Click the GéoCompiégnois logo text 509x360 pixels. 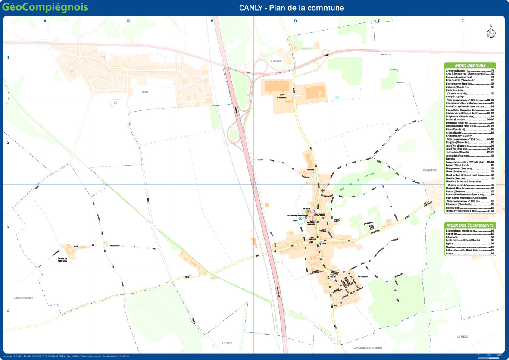pyautogui.click(x=45, y=7)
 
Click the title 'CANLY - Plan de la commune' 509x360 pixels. pyautogui.click(x=291, y=8)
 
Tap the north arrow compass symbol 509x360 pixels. pyautogui.click(x=490, y=32)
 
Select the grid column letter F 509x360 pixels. pyautogui.click(x=462, y=21)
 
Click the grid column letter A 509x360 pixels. pyautogui.click(x=45, y=21)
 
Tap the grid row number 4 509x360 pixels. pyautogui.click(x=8, y=311)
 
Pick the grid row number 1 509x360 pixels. pyautogui.click(x=8, y=58)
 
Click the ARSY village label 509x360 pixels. pyautogui.click(x=145, y=92)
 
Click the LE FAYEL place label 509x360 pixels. pyautogui.click(x=227, y=343)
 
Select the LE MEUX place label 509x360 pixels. pyautogui.click(x=462, y=336)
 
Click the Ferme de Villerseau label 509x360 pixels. pyautogui.click(x=63, y=260)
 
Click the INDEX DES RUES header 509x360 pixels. pyautogui.click(x=470, y=66)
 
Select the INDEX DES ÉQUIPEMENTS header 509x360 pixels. pyautogui.click(x=470, y=225)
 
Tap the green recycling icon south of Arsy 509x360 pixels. pyautogui.click(x=116, y=103)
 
